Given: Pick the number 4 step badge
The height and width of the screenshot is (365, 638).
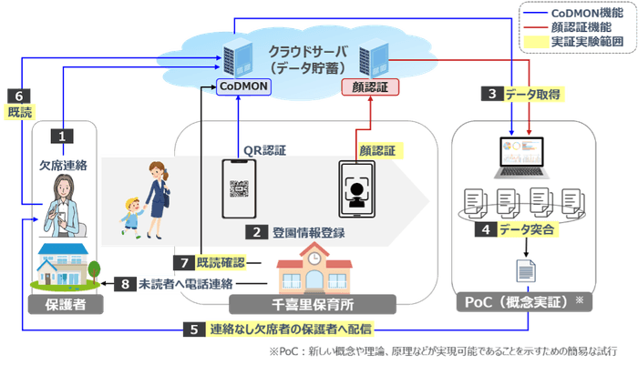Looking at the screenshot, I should tap(490, 230).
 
